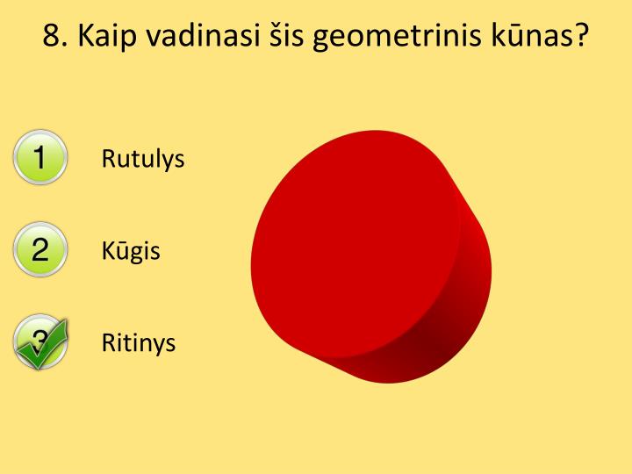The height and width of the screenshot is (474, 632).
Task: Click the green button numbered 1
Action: point(39,159)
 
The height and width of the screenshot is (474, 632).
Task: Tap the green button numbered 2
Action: point(39,250)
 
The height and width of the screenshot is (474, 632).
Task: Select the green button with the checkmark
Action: point(39,341)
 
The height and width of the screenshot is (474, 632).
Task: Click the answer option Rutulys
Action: point(143,159)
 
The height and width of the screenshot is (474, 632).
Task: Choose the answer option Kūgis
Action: point(131,251)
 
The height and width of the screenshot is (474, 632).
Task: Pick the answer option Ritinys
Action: point(139,342)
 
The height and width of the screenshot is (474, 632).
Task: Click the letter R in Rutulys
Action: point(108,159)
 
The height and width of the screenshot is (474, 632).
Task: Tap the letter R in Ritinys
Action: point(108,342)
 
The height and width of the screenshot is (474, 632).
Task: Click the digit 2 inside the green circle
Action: point(39,250)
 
